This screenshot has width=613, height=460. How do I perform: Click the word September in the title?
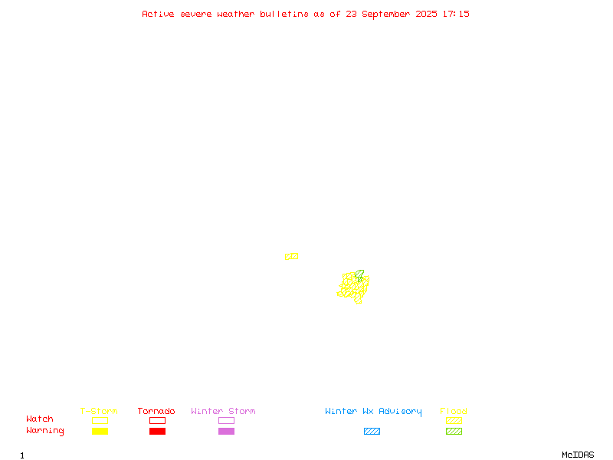(385, 15)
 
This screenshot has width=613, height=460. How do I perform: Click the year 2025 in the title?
(426, 14)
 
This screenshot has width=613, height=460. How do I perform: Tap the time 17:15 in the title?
(456, 14)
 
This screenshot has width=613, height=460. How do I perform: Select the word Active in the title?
(158, 14)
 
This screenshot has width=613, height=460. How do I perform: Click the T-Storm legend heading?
(99, 411)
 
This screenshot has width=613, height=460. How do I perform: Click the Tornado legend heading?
(156, 411)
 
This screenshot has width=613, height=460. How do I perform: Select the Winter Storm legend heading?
(223, 411)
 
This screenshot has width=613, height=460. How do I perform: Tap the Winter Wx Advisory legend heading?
(373, 412)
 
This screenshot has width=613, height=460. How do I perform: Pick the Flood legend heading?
(454, 411)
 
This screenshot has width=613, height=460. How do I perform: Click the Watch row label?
(40, 419)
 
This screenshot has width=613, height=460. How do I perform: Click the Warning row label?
(45, 431)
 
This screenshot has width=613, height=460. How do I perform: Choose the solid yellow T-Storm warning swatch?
(100, 431)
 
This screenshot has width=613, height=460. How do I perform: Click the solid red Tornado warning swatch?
(158, 431)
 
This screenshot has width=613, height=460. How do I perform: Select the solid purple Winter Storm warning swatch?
(226, 431)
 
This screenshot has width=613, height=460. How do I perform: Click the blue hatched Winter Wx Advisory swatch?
(372, 431)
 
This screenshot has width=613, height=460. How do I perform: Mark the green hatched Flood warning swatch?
(454, 431)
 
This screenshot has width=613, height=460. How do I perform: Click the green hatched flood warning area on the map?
(359, 274)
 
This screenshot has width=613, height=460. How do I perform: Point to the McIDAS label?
(578, 455)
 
